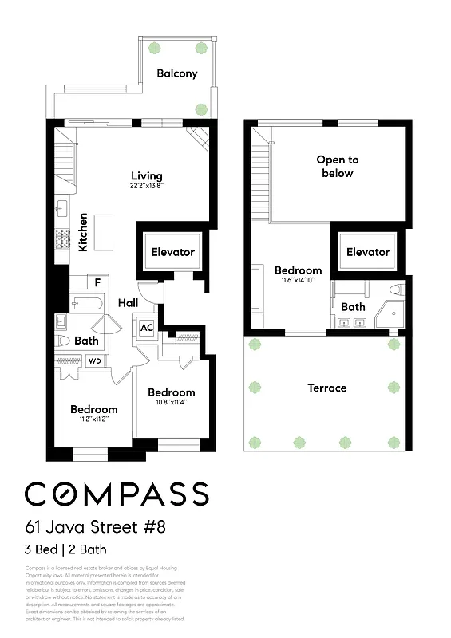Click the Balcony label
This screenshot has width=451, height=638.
[x=176, y=73]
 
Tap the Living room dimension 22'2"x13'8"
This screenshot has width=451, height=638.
[x=147, y=186]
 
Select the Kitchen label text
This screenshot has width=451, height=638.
[x=83, y=232]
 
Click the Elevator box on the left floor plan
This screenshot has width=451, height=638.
[x=172, y=252]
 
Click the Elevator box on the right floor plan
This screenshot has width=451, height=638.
[x=367, y=252]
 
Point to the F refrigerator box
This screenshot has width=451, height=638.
[x=97, y=282]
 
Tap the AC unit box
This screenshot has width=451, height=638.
[x=147, y=327]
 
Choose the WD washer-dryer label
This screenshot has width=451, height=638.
[x=94, y=361]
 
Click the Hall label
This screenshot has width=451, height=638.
[x=129, y=303]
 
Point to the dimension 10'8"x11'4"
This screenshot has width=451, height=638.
[x=171, y=403]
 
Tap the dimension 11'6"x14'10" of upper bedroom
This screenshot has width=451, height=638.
[x=299, y=281]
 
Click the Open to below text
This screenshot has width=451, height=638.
[x=337, y=167]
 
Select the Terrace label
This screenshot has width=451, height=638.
[x=327, y=388]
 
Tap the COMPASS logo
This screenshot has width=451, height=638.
[x=117, y=494]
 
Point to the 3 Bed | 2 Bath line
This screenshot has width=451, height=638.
[x=65, y=549]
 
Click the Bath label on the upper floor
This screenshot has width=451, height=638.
[x=353, y=306]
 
